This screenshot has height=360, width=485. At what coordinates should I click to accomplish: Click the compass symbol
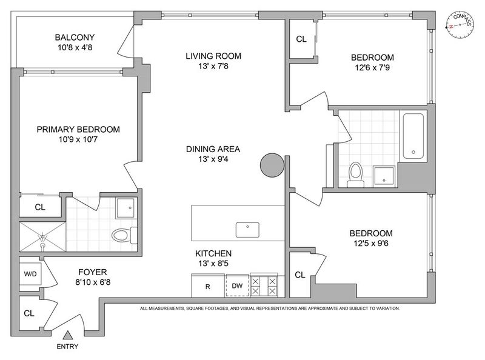click(x=460, y=25)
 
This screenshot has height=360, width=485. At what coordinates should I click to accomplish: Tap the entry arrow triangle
click(x=67, y=336)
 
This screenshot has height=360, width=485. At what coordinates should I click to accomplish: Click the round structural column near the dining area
click(x=272, y=165)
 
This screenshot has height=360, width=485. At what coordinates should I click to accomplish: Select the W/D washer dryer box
click(x=30, y=274)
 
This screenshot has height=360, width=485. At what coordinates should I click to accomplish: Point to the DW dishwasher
click(x=237, y=285)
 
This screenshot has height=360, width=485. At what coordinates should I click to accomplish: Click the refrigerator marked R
click(x=208, y=285)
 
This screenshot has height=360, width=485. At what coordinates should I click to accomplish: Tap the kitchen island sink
click(x=247, y=230)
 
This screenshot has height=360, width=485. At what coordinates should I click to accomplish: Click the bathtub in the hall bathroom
click(x=413, y=136)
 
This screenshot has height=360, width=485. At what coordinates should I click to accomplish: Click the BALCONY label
click(x=75, y=38)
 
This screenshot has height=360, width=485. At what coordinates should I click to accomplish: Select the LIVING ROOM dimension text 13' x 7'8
click(x=213, y=66)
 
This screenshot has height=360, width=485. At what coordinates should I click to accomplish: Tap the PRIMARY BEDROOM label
click(x=78, y=129)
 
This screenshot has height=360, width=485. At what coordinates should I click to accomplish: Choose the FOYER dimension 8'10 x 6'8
click(x=93, y=282)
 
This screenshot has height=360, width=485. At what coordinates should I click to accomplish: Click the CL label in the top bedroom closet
click(x=301, y=39)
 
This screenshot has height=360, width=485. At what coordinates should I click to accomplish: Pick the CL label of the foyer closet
click(x=29, y=313)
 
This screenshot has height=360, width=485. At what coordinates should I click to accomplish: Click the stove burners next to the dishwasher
click(x=264, y=286)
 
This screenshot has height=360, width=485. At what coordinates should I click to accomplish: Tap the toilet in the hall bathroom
click(x=355, y=175)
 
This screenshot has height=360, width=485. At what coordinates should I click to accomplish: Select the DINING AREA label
click(x=213, y=149)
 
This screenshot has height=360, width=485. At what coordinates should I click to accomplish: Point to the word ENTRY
click(x=67, y=347)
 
